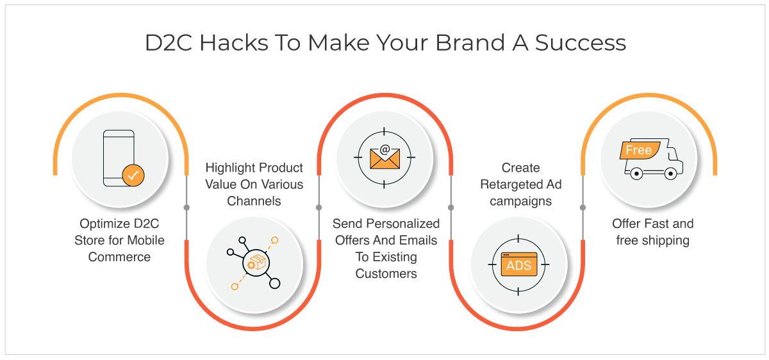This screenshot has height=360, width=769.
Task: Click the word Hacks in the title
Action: pyautogui.click(x=234, y=43)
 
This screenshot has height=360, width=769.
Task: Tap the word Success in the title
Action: pyautogui.click(x=581, y=43)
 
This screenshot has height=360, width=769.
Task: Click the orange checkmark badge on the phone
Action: pyautogui.click(x=133, y=176)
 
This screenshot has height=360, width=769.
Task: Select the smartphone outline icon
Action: pyautogui.click(x=119, y=158)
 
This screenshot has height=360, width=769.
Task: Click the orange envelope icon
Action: pyautogui.click(x=384, y=159)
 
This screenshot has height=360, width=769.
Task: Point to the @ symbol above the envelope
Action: pyautogui.click(x=385, y=149)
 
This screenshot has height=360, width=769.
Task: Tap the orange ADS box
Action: pyautogui.click(x=518, y=265)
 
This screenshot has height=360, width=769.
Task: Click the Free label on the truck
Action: pyautogui.click(x=640, y=150)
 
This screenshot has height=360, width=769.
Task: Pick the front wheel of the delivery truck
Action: pyautogui.click(x=670, y=174)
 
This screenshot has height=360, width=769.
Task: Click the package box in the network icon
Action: pyautogui.click(x=256, y=263)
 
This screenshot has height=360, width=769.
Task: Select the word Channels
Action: pyautogui.click(x=254, y=201)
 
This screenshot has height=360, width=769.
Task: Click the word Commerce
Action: pyautogui.click(x=119, y=257)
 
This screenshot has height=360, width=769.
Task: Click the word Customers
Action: pyautogui.click(x=386, y=274)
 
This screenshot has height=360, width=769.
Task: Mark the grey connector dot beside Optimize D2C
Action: pyautogui.click(x=186, y=208)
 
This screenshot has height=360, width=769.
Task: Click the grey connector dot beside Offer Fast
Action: pyautogui.click(x=583, y=208)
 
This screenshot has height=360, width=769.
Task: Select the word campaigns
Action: pyautogui.click(x=521, y=201)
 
